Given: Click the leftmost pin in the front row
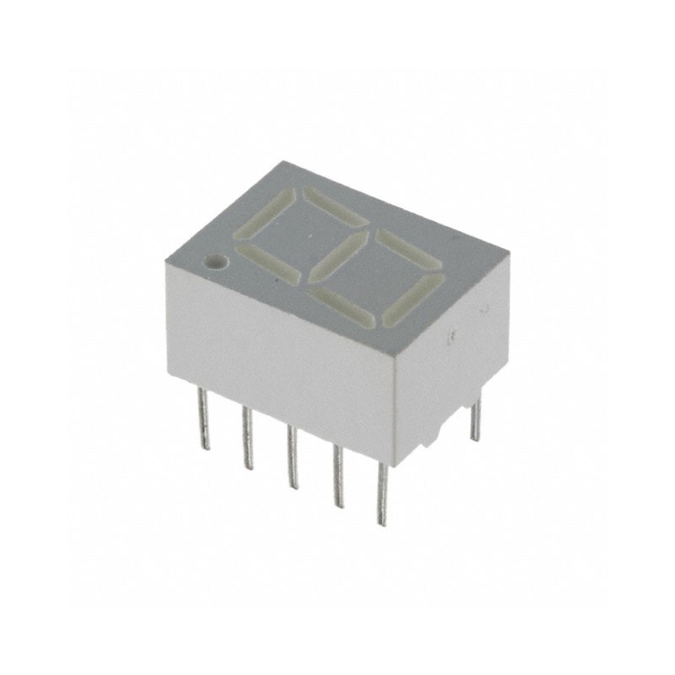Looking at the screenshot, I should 202,418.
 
